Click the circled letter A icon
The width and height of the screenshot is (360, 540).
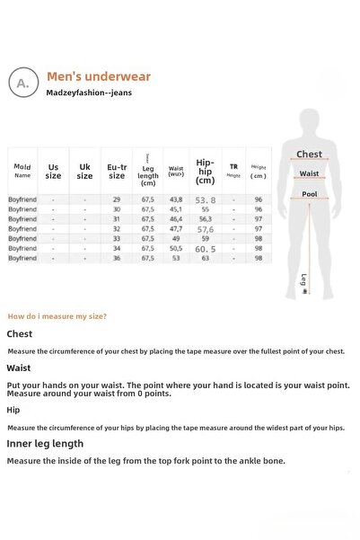22,84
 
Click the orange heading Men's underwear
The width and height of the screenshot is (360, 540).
99,77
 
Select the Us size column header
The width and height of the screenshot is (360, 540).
54,171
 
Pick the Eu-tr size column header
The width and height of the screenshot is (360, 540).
117,171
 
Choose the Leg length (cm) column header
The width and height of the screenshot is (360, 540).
148,171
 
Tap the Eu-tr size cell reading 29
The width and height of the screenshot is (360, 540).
117,199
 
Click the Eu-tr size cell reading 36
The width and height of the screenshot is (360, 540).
117,258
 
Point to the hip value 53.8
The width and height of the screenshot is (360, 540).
206,199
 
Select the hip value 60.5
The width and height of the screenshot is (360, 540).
205,248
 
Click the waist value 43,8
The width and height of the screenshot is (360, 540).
176,199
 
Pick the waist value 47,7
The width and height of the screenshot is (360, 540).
176,228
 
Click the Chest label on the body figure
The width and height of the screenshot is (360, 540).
309,155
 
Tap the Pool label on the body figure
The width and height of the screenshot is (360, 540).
309,194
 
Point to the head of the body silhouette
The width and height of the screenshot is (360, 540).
310,120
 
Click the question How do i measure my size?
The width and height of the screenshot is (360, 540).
57,316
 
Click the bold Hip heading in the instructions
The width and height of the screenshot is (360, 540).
13,410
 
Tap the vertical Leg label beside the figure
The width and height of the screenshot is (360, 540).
304,280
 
